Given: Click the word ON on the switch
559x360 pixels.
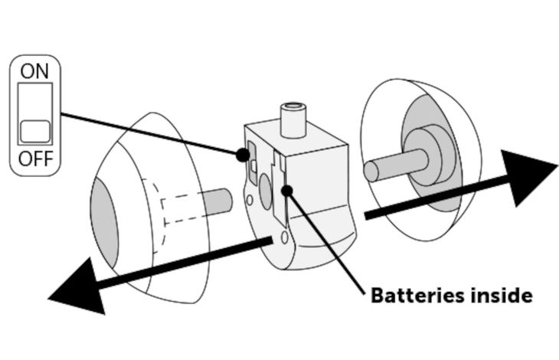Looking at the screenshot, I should pyautogui.click(x=34, y=71).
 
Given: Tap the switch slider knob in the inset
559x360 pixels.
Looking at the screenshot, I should pyautogui.click(x=34, y=131).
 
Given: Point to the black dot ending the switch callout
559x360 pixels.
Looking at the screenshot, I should pyautogui.click(x=243, y=154).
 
